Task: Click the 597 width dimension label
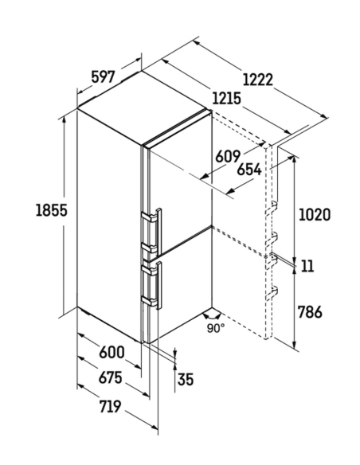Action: tap(103, 77)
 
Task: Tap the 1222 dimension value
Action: tap(257, 80)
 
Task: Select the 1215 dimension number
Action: tap(226, 99)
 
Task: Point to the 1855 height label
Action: tap(51, 210)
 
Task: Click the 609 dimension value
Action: tap(228, 156)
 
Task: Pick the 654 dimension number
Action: tap(249, 170)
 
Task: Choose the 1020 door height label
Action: tap(315, 215)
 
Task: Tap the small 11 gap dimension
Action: tap(307, 266)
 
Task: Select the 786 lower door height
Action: tap(310, 312)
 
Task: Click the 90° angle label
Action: tap(216, 328)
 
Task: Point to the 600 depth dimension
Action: tap(112, 352)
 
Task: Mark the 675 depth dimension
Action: tap(111, 377)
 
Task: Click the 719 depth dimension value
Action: tap(110, 406)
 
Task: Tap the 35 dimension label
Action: tap(186, 379)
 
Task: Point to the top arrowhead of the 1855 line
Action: tap(64, 119)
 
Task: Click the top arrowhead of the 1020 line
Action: tap(294, 160)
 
